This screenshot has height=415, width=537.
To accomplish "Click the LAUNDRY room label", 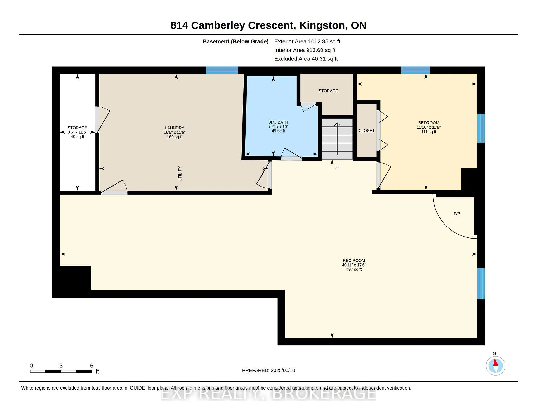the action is [x=175, y=128].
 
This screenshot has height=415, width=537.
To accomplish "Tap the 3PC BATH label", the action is [x=278, y=122].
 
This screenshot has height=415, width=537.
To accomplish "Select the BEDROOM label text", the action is [x=429, y=123].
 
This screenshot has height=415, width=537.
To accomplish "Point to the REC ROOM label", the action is [x=354, y=261].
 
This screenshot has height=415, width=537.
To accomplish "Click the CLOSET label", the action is [x=367, y=131].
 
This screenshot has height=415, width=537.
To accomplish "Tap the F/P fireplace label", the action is [x=457, y=214].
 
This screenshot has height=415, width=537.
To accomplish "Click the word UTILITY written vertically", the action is [x=180, y=174].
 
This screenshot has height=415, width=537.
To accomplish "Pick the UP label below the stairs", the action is [x=337, y=167].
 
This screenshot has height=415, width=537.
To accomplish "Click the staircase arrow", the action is [x=337, y=139].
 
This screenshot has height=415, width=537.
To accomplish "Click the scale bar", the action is [x=61, y=371].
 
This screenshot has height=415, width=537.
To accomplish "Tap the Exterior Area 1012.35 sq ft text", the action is [x=307, y=42].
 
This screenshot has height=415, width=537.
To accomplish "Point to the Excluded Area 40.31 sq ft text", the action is [x=306, y=59].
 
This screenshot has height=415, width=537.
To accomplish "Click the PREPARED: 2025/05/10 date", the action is [x=268, y=371].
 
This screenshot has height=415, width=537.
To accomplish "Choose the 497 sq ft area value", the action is [x=354, y=270].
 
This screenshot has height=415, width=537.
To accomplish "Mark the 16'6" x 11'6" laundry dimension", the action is [x=175, y=133].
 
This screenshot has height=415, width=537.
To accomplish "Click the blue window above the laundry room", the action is [x=222, y=70].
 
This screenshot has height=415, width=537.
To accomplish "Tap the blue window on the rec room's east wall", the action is [x=481, y=284].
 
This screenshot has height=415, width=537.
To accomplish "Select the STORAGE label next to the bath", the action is [x=328, y=91].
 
